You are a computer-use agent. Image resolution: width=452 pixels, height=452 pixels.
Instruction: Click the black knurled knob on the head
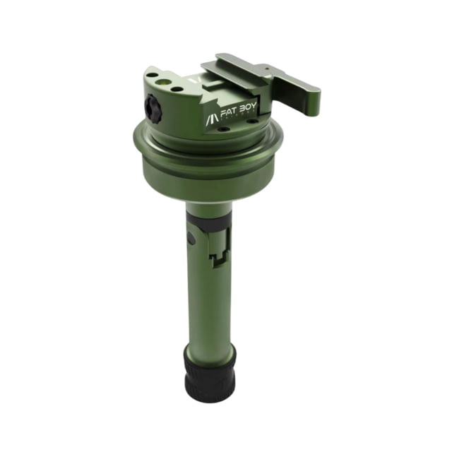[151, 108]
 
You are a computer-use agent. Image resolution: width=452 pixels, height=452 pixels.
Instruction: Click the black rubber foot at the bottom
[210, 371]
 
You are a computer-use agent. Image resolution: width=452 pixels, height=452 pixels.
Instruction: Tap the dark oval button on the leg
[190, 238]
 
